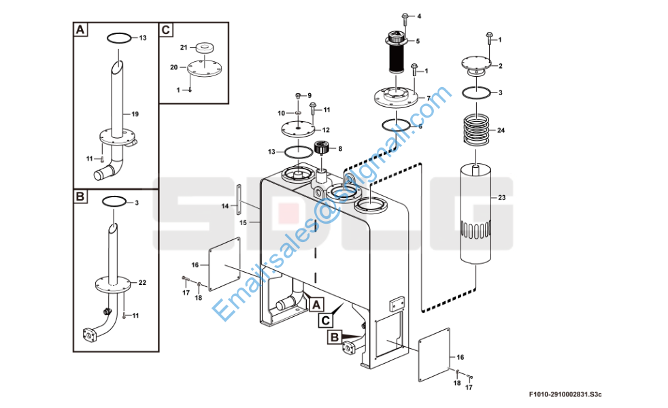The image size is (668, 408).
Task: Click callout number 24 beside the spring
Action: pyautogui.click(x=501, y=130)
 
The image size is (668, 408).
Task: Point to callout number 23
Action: pyautogui.click(x=502, y=198)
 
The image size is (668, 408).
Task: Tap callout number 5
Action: pyautogui.click(x=418, y=41)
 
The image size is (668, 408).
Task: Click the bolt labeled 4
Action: pyautogui.click(x=405, y=16)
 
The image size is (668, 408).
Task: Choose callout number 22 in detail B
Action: pyautogui.click(x=142, y=282)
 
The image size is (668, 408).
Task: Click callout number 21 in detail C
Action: pyautogui.click(x=183, y=47)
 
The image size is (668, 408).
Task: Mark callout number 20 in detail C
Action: pyautogui.click(x=173, y=67)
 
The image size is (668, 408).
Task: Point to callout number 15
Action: pyautogui.click(x=243, y=222)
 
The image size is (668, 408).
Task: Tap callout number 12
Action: pyautogui.click(x=326, y=130)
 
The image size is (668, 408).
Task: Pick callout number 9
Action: pyautogui.click(x=309, y=95)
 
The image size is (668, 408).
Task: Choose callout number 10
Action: pyautogui.click(x=281, y=112)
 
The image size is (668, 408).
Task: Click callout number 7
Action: pyautogui.click(x=429, y=98)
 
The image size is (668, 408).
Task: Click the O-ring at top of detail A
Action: pyautogui.click(x=118, y=37)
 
